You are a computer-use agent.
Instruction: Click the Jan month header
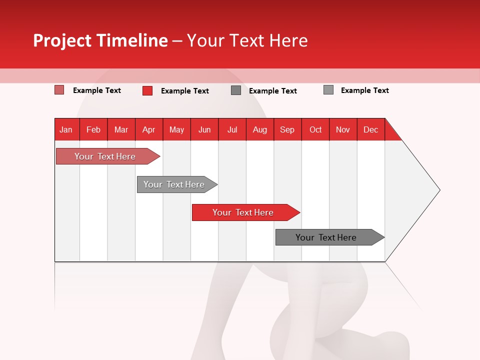(x=66, y=129)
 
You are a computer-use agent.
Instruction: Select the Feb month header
(x=93, y=129)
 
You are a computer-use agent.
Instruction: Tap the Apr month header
(x=148, y=129)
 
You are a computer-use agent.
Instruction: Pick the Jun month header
(x=204, y=129)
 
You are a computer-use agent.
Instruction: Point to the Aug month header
(x=260, y=129)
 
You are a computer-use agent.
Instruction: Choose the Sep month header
(x=287, y=129)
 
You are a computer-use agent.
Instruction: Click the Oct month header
(x=315, y=129)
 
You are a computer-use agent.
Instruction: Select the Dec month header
(x=370, y=129)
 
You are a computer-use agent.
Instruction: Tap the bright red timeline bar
(x=243, y=212)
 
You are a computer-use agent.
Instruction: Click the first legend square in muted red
(x=59, y=90)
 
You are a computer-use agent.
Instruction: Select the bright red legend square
(x=147, y=90)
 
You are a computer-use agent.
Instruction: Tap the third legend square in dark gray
(x=236, y=90)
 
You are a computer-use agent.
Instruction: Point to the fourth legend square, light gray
(x=328, y=90)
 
